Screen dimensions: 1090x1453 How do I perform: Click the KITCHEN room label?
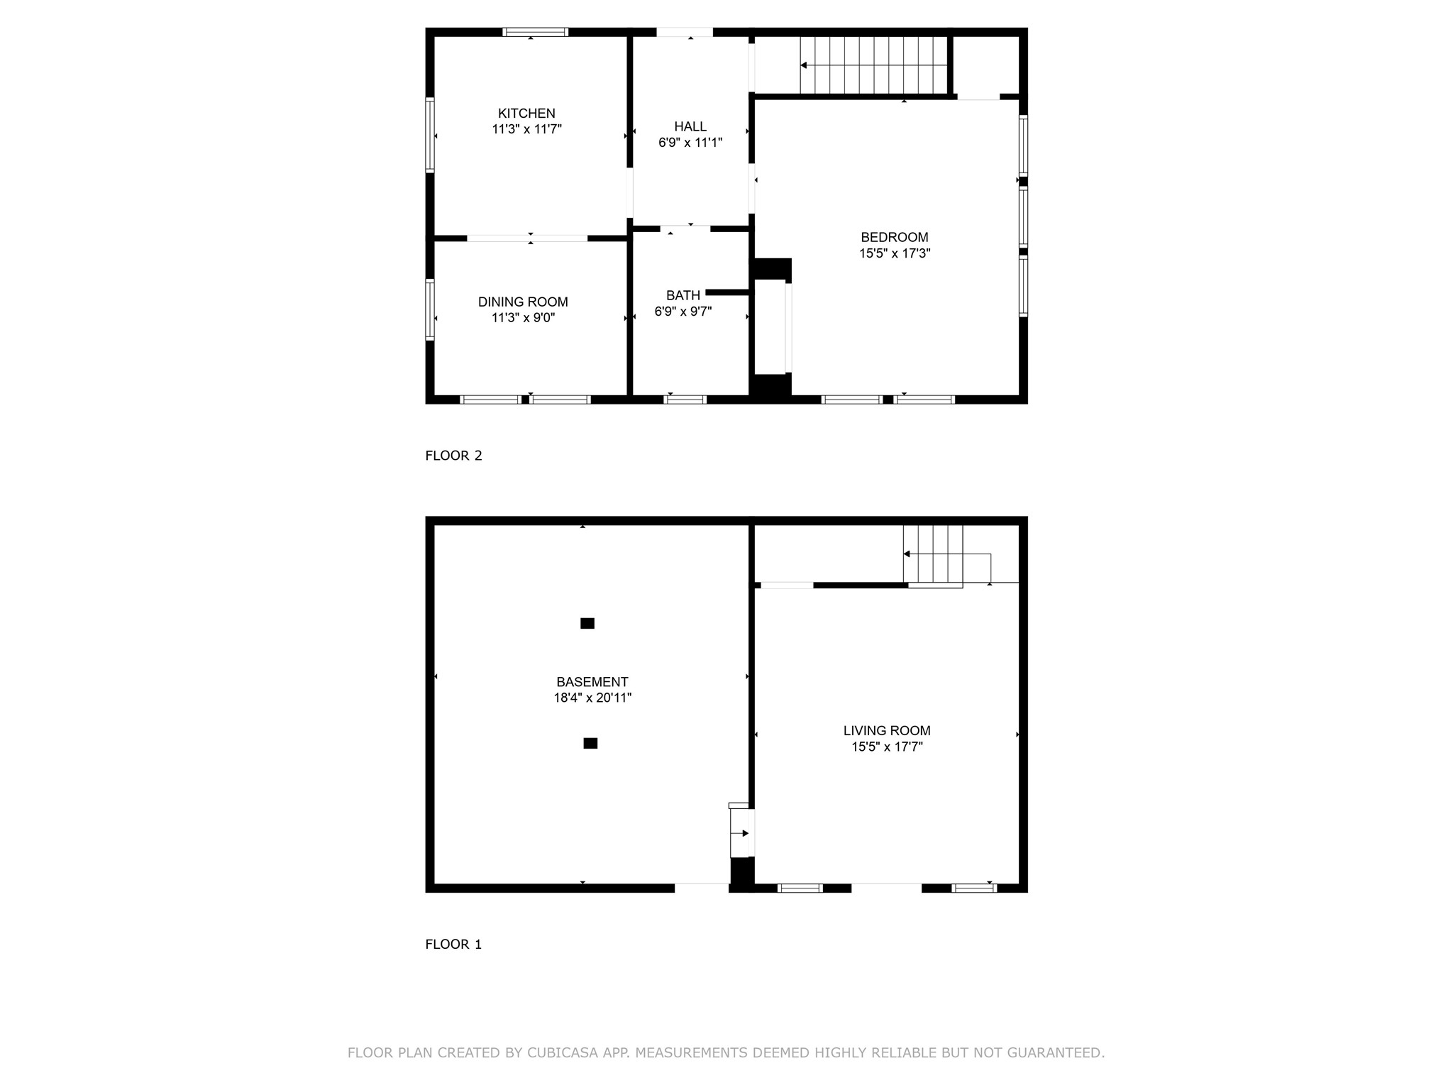pyautogui.click(x=526, y=114)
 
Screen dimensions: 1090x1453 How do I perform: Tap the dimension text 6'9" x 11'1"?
pyautogui.click(x=690, y=143)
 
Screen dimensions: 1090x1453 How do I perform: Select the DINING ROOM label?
pyautogui.click(x=523, y=302)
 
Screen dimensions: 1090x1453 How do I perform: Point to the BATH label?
pyautogui.click(x=683, y=295)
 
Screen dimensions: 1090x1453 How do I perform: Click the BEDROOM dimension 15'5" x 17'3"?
pyautogui.click(x=895, y=253)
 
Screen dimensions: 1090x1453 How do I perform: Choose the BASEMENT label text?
pyautogui.click(x=592, y=682)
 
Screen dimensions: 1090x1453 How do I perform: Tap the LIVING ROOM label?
pyautogui.click(x=887, y=731)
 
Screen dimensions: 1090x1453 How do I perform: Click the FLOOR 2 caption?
pyautogui.click(x=453, y=456)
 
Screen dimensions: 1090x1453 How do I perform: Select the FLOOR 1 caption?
pyautogui.click(x=453, y=945)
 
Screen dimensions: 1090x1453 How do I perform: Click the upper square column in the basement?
pyautogui.click(x=587, y=624)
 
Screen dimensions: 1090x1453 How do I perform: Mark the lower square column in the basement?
pyautogui.click(x=590, y=744)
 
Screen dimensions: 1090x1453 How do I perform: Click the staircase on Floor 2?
pyautogui.click(x=874, y=65)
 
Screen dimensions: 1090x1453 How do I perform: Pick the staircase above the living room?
pyautogui.click(x=933, y=554)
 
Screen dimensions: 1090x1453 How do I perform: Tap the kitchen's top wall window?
pyautogui.click(x=536, y=32)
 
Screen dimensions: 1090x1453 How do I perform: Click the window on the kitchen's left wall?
pyautogui.click(x=430, y=135)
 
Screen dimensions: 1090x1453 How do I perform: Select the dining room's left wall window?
pyautogui.click(x=430, y=309)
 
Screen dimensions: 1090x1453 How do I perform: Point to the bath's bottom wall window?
pyautogui.click(x=685, y=400)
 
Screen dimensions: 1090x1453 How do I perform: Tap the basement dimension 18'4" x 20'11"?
pyautogui.click(x=592, y=698)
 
